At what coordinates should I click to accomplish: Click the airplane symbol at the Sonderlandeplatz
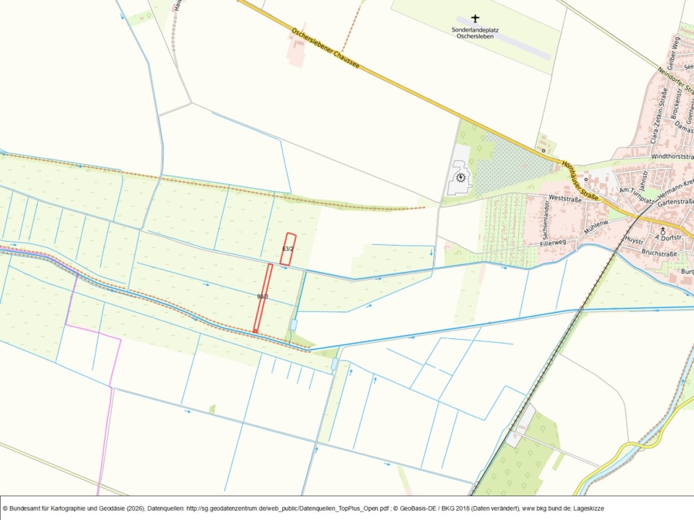(475, 18)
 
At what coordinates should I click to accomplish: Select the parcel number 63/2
(288, 249)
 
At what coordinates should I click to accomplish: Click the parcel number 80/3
(262, 296)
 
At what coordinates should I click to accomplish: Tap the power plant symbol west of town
(460, 176)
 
